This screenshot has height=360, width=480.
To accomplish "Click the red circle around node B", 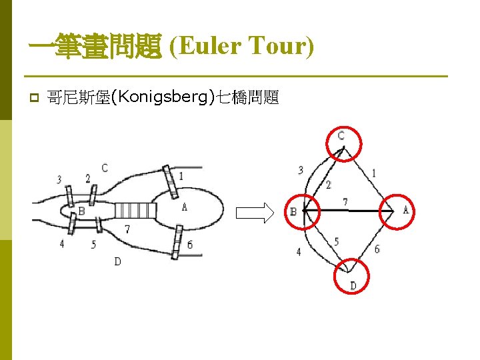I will (303, 213).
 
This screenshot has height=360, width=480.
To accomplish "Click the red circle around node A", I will (395, 211).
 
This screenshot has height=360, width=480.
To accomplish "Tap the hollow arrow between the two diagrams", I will (255, 213).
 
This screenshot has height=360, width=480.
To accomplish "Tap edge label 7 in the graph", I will (345, 201).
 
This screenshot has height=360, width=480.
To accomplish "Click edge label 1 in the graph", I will (374, 173).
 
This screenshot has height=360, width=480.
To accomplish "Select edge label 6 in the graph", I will (377, 249).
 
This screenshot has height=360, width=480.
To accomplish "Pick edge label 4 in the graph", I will (299, 252).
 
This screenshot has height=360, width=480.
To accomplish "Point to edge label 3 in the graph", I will (301, 170).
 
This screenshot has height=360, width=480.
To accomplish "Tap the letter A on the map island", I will (185, 207).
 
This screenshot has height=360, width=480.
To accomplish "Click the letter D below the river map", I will (117, 261).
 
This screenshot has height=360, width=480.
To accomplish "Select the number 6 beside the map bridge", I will (190, 245).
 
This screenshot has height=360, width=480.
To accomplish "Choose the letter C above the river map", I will (105, 168).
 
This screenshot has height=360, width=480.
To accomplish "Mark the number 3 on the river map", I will (59, 179).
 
